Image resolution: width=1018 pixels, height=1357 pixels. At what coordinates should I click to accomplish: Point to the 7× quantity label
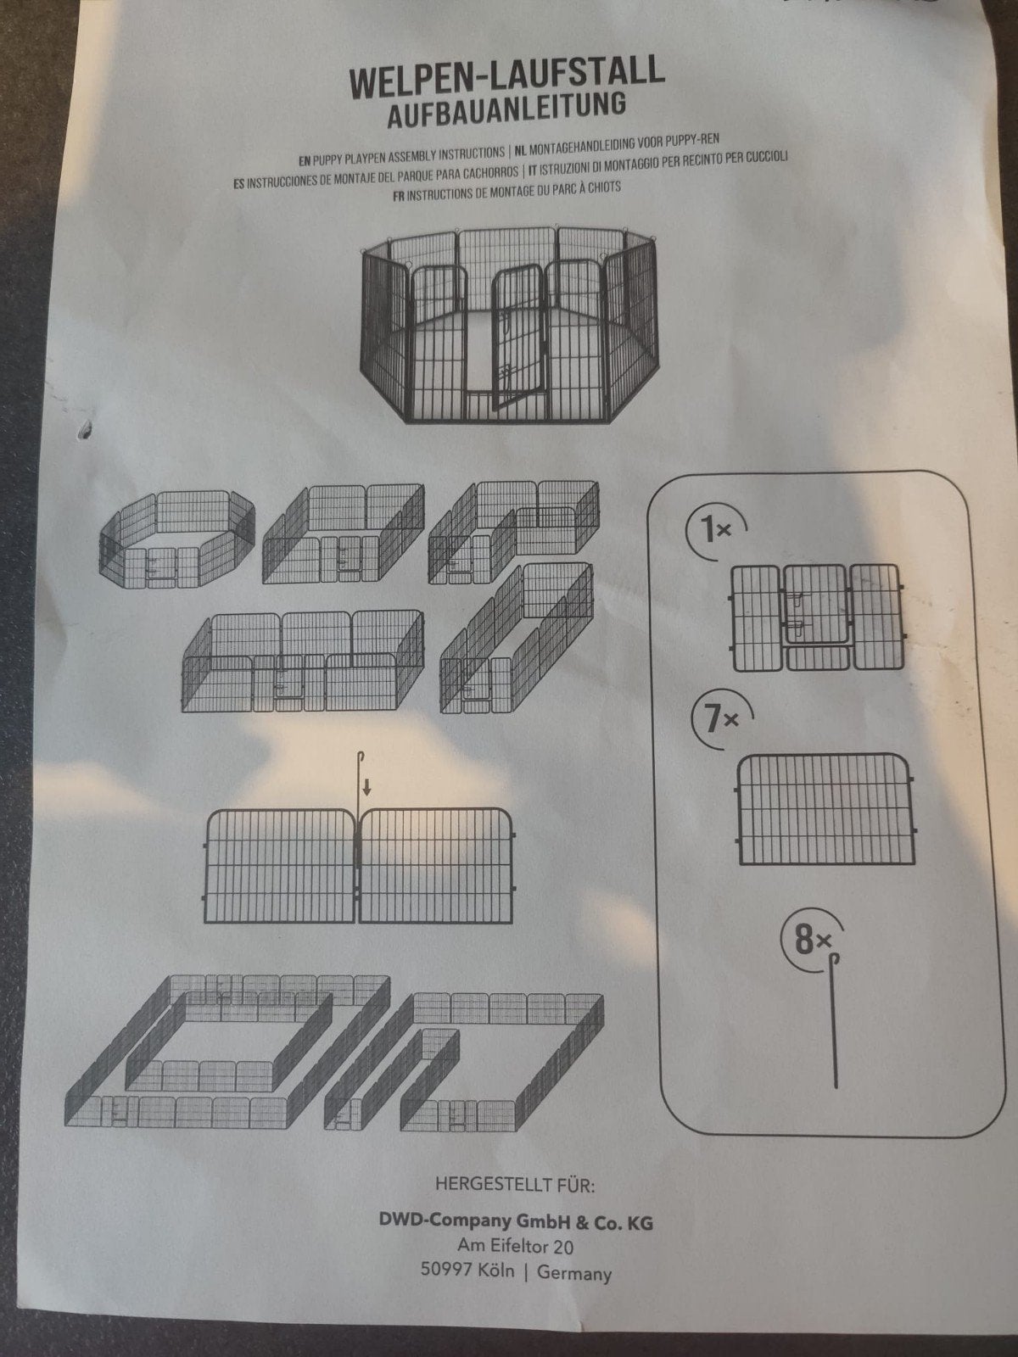coord(721,719)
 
